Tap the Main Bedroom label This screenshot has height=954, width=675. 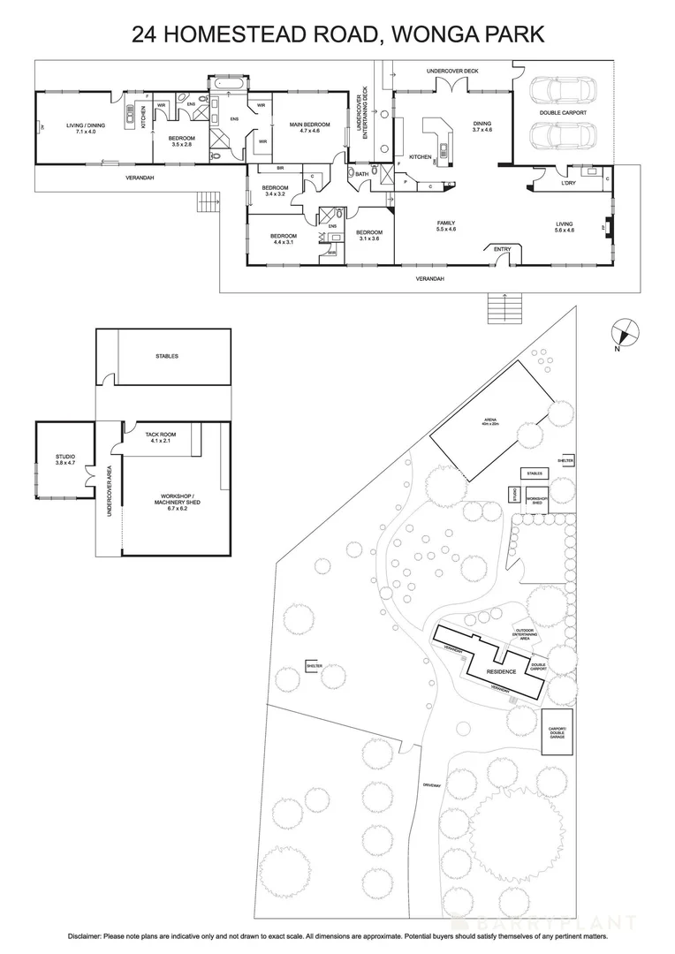309,128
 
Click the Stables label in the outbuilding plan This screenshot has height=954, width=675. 166,356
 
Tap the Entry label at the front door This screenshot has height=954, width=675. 502,249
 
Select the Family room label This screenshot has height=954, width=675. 446,226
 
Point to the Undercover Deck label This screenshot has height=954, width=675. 451,70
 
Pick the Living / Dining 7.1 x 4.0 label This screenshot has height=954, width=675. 86,128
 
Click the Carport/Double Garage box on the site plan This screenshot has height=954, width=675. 557,731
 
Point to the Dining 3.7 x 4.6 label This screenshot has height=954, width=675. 482,126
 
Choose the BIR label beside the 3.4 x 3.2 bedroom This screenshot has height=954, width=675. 280,168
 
